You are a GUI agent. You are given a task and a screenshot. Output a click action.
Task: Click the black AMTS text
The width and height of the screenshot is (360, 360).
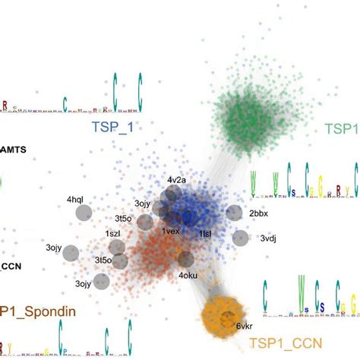click(x=13, y=150)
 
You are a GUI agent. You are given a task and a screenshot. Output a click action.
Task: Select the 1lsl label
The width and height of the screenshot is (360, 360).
click(x=205, y=234)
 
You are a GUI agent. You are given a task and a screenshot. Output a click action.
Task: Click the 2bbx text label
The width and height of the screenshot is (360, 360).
click(x=259, y=213)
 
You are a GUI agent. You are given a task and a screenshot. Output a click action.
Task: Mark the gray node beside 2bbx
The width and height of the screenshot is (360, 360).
click(x=235, y=213)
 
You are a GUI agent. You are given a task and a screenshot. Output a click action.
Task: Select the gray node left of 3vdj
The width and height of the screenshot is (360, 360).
click(x=240, y=238)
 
